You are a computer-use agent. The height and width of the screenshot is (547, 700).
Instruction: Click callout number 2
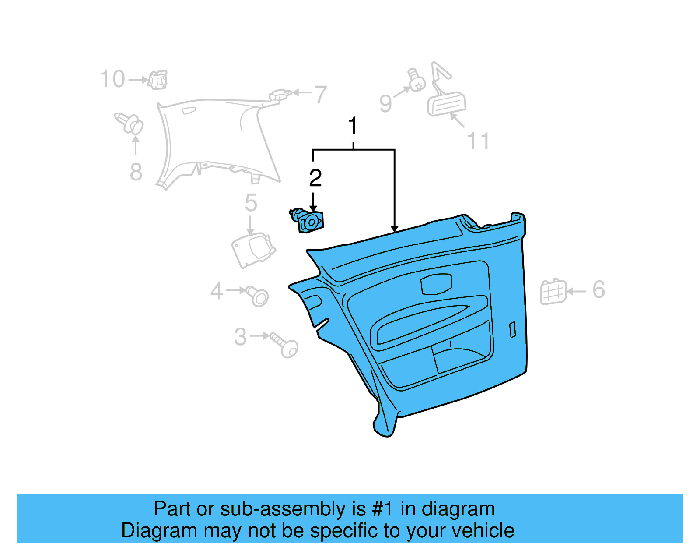pos(315,178)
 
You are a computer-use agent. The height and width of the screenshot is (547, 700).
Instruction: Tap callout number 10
pos(112,79)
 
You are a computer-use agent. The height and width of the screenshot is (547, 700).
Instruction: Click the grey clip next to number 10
pos(157,80)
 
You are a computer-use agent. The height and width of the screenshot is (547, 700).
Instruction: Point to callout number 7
pos(321,95)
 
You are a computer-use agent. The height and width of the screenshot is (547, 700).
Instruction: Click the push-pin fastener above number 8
pos(130,124)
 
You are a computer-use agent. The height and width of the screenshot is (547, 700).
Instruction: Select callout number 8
pos(136,172)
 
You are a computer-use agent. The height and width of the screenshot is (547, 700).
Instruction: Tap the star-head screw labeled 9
pos(416,81)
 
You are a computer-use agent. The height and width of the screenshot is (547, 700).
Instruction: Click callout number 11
pos(478,141)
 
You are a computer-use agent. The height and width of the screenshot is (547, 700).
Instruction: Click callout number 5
pos(251,203)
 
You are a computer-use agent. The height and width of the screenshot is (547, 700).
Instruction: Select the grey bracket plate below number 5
pos(253,250)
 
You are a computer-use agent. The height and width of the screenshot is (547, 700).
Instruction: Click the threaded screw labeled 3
pos(285,345)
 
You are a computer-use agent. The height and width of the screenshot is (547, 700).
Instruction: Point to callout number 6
pos(598,289)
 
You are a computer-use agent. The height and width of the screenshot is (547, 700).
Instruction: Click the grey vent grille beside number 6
pos(553,292)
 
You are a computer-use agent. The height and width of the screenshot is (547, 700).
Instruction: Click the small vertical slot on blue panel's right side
pos(513,330)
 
